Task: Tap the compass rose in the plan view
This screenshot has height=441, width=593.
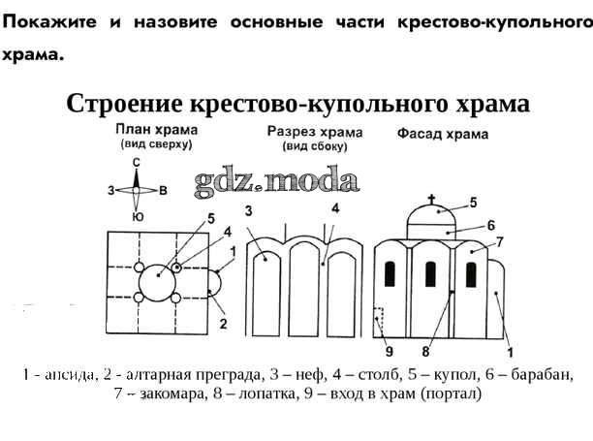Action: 137,190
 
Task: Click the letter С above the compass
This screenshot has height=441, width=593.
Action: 137,162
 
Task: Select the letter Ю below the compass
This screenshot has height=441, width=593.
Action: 137,217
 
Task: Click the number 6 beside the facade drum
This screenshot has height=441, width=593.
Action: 490,225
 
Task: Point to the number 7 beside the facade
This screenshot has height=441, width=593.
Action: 501,241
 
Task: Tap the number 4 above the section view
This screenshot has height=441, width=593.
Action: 334,208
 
